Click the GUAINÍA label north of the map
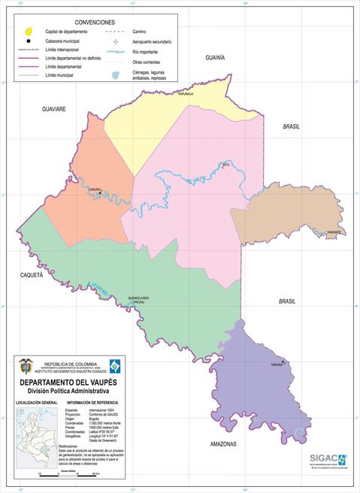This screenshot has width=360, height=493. (x=215, y=57)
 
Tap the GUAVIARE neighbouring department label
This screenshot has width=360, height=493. (x=53, y=109)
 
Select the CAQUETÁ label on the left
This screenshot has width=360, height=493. (x=32, y=276)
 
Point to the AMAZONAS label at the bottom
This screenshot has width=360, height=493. (x=223, y=444)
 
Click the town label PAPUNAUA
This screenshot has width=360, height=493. (x=186, y=94)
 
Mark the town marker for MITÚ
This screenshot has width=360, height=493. (x=222, y=168)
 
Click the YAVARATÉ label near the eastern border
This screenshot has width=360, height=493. (x=334, y=233)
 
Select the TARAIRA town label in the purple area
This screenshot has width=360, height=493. (x=277, y=365)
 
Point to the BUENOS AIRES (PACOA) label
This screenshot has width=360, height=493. (x=139, y=300)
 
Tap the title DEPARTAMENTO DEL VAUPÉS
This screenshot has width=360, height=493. (x=68, y=382)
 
